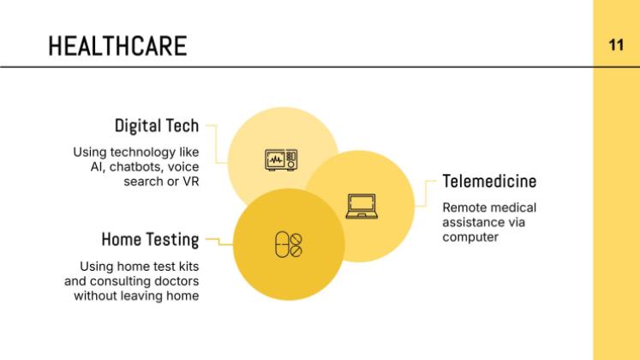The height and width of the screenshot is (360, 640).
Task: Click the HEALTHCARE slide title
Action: pos(117,45)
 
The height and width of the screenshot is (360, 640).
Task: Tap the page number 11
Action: pos(616,45)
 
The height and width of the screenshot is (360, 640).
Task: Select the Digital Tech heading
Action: pos(157,126)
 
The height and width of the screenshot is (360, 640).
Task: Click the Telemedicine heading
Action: pos(489,181)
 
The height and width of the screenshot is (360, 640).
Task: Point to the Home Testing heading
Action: pos(150,240)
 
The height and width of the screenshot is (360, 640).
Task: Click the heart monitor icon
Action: pos(281,159)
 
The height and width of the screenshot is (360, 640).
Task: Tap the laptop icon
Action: pos(362,206)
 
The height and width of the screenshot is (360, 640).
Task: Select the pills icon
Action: pos(289,244)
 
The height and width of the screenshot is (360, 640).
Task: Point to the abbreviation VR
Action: pos(190,181)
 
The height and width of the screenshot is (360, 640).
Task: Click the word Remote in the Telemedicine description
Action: pos(462,207)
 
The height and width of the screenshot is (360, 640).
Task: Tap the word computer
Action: pos(470,237)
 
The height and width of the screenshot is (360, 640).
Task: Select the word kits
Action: pos(188,267)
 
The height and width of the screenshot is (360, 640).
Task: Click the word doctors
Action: pos(177,281)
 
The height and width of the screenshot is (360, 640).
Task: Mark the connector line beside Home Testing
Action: pos(219,242)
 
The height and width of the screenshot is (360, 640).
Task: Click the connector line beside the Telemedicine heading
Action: pos(426,194)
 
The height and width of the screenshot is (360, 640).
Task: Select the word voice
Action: pos(183,166)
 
